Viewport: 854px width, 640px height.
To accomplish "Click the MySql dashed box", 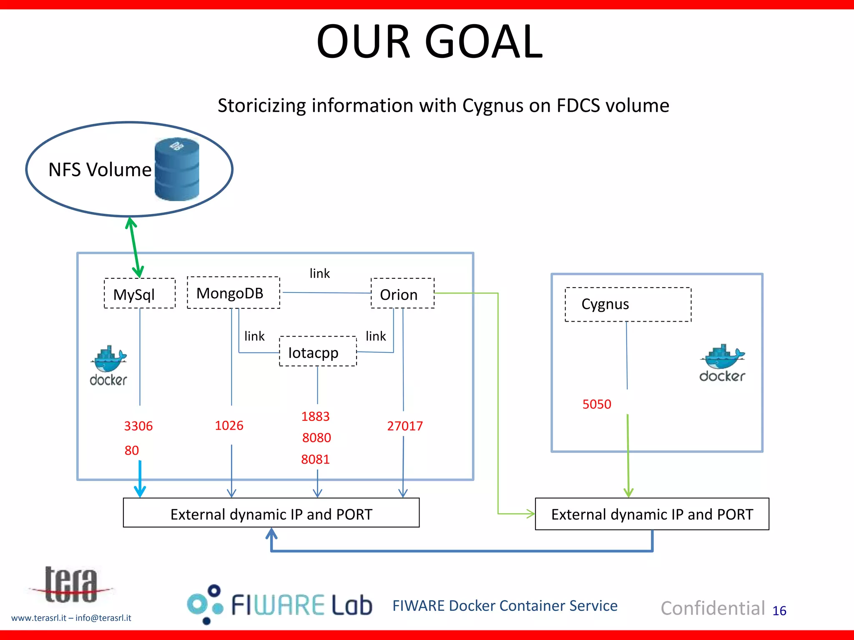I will pos(139,294).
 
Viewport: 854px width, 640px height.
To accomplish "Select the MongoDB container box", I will pos(233,293).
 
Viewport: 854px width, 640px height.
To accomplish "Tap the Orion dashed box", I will pos(402,294).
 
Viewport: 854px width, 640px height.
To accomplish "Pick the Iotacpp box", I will pos(317,352).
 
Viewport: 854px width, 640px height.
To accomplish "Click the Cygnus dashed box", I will pos(628,305).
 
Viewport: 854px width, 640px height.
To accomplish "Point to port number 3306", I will pos(138,426).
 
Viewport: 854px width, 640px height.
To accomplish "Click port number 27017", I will pos(404,426).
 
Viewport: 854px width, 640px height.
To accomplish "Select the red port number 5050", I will pos(596,404).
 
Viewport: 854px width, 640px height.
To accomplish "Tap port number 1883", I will pos(315,416).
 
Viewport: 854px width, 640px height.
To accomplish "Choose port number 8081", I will pos(315,459).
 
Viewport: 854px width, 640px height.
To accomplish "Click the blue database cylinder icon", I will pos(177,170).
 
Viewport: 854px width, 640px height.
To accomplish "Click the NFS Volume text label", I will pos(100,170).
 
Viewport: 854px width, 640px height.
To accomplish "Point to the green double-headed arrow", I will pos(135,247).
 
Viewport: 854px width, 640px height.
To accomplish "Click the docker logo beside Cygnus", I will pos(722,363).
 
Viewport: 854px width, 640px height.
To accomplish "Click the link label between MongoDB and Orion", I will pos(319,273).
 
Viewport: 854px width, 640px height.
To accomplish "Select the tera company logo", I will pos(71,585).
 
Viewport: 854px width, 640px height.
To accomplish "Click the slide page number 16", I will pos(779,611).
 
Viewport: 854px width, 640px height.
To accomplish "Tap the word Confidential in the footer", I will pos(713,608).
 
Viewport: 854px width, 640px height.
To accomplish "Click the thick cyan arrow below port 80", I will pos(140,479).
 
